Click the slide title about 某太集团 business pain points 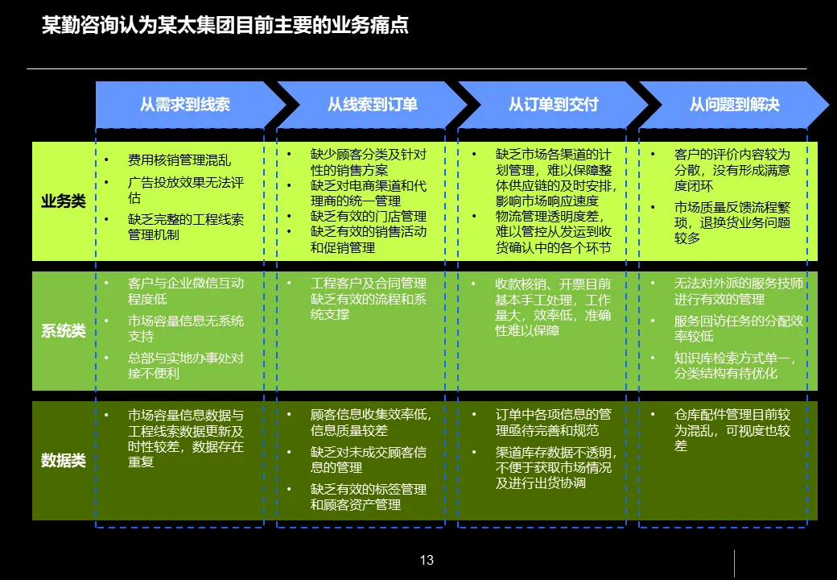point(225,26)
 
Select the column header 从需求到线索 point(184,105)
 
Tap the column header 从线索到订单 point(372,105)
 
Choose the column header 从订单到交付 point(553,105)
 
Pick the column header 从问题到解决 point(734,105)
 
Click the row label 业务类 point(64,201)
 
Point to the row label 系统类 point(64,331)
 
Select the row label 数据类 point(64,461)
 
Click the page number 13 point(427,560)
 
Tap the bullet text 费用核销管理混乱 point(179,160)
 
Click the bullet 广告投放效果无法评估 point(185,189)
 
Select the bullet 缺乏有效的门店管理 point(368,216)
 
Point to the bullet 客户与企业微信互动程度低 point(185,291)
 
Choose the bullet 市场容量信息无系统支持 point(185,328)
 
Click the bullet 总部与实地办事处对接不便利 point(185,365)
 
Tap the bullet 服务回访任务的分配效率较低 point(738,328)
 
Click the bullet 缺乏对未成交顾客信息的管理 point(368,459)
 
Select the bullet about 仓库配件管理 point(732,429)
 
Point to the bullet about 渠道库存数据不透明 point(553,467)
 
